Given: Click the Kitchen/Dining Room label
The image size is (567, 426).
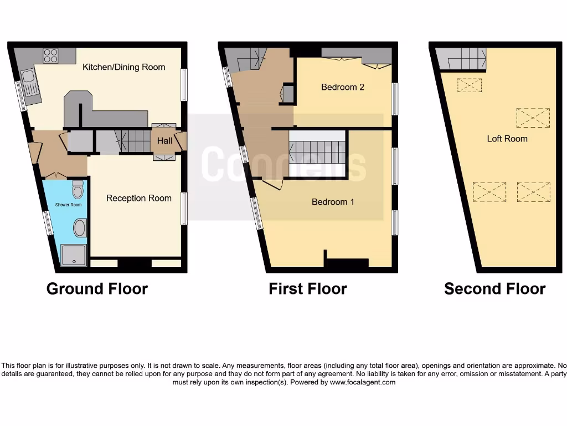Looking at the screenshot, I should pos(123,67).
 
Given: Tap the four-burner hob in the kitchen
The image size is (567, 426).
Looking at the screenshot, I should pos(51,55).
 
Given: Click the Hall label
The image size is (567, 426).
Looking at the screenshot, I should pos(164,141).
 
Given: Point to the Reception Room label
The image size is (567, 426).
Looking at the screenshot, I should pos(138,198).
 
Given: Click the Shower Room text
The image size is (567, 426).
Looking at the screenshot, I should pos(68,205).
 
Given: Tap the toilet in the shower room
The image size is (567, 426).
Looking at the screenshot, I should pos(78,190).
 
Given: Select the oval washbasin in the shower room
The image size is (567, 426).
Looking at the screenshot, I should pos(80,228).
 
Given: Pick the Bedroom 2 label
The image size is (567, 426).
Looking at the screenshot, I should pos(342,87).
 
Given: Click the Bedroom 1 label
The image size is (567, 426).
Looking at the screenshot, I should pos(333,202).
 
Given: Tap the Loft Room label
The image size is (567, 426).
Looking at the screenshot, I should pos(507,139).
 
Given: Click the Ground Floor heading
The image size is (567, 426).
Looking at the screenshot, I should pos(97,289).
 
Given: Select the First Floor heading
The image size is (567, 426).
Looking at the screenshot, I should pos(307,289).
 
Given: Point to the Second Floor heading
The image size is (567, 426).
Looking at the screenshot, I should pos(494,289).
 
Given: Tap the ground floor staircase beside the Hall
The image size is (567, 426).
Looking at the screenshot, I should pos(132,141).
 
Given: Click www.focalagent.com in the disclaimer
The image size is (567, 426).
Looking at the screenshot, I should pos(363,382).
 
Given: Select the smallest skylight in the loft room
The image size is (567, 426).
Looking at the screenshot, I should pos(470,85).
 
